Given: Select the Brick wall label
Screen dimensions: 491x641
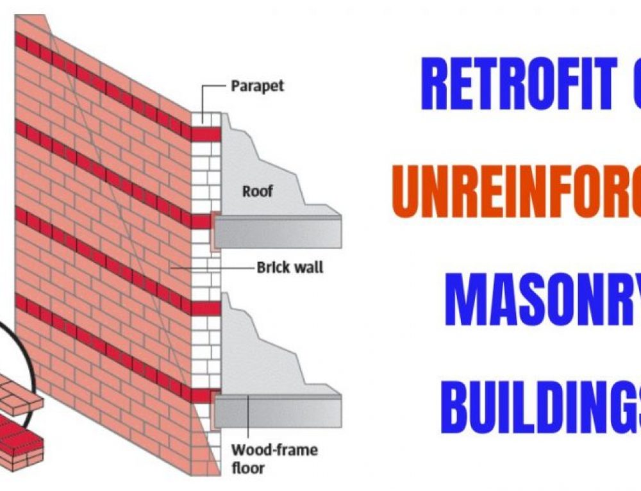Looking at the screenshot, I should click(x=290, y=267).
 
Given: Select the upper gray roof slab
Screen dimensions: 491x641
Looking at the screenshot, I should click(x=277, y=231).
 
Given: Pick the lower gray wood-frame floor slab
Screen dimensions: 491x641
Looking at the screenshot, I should click(x=277, y=408).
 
